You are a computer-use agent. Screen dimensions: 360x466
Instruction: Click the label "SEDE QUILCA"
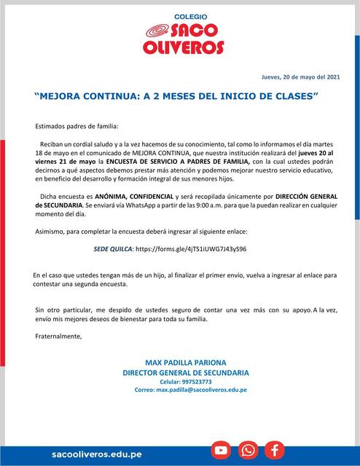pyautogui.click(x=113, y=249)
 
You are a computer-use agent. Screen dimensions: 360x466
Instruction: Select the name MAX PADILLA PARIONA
pyautogui.click(x=186, y=363)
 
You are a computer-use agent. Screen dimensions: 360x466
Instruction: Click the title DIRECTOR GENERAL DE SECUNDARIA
pyautogui.click(x=186, y=372)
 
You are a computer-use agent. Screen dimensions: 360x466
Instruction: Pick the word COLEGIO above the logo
pyautogui.click(x=191, y=15)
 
